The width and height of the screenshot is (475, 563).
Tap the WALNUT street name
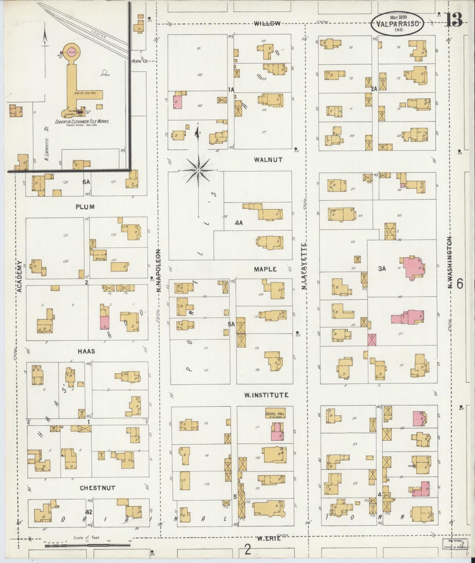(x=268, y=160)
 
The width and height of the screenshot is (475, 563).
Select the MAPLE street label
(x=265, y=269)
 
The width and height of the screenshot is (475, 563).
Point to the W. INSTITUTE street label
(x=266, y=395)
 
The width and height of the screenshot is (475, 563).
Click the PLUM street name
(x=85, y=207)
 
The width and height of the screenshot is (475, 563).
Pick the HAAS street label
(x=86, y=351)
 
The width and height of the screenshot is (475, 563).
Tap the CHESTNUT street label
(x=98, y=488)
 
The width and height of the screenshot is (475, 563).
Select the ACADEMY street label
(x=19, y=276)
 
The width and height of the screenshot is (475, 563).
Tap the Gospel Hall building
(x=275, y=414)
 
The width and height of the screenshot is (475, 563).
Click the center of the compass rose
(x=198, y=170)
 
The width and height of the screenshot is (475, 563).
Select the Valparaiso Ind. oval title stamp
(x=397, y=23)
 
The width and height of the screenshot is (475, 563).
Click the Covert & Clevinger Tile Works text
(x=82, y=122)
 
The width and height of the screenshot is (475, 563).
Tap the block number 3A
(x=382, y=269)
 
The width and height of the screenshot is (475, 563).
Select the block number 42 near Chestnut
(x=88, y=512)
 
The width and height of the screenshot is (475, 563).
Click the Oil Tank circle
(x=105, y=72)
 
